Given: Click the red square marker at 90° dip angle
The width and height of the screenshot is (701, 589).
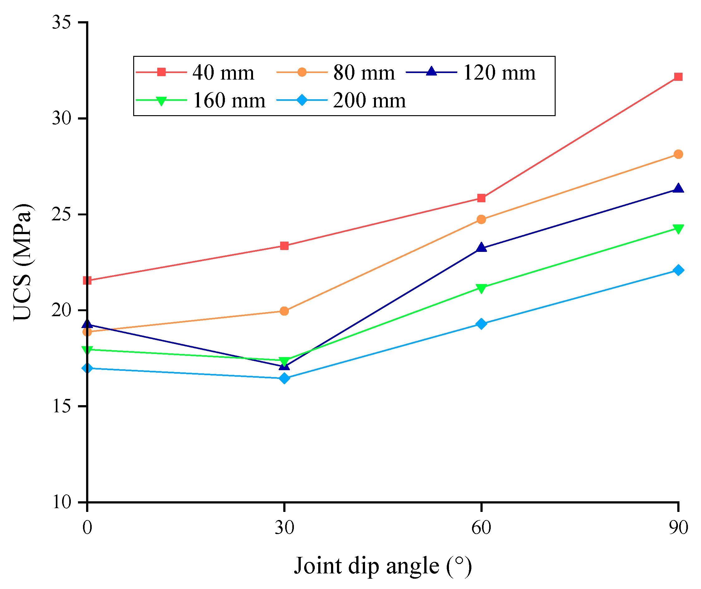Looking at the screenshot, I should tap(678, 77).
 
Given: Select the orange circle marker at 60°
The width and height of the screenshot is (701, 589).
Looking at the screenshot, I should tap(481, 219).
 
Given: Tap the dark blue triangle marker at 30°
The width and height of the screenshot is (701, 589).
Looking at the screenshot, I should tap(284, 366).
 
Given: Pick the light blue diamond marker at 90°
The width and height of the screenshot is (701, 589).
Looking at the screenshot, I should tap(678, 270).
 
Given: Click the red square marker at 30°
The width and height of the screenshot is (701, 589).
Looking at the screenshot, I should tap(284, 246).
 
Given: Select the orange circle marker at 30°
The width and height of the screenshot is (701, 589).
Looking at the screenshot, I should tap(284, 311).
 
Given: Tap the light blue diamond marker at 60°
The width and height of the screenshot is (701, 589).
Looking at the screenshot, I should tap(481, 324).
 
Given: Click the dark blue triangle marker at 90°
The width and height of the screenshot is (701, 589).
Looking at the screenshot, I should tap(678, 189).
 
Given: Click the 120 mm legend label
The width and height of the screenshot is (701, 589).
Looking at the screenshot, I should tap(499, 72).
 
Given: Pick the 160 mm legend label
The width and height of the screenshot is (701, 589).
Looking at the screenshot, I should tap(229, 100).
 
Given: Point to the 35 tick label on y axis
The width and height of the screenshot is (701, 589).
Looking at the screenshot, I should tap(62, 23).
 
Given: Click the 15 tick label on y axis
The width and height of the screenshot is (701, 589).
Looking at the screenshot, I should tap(62, 406).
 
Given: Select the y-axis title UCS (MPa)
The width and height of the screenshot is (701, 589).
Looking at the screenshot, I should tap(23, 262).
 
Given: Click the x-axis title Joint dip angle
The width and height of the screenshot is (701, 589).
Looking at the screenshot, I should tap(382, 566).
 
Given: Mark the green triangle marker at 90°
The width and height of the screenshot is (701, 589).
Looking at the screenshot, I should tap(678, 229).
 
